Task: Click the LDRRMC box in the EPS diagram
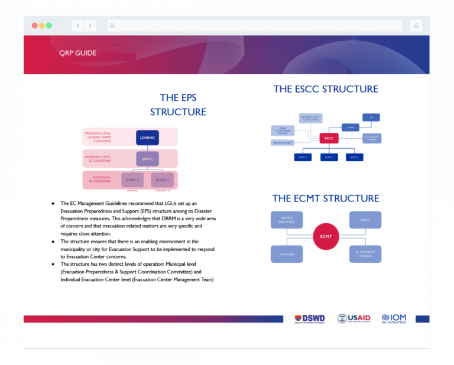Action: click(147, 138)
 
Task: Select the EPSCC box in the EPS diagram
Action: click(147, 159)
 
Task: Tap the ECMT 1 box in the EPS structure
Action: click(132, 180)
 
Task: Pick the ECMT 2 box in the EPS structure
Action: click(162, 180)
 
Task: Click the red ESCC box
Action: click(329, 138)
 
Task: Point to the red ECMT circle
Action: click(326, 237)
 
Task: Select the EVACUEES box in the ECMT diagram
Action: click(287, 254)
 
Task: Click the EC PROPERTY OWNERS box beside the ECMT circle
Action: click(365, 254)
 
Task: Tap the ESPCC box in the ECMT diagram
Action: click(365, 220)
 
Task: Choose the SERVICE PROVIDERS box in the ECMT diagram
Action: click(287, 220)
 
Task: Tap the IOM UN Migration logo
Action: click(394, 318)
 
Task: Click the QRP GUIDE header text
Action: click(77, 53)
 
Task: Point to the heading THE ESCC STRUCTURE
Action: click(326, 89)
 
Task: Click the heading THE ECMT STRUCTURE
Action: click(326, 198)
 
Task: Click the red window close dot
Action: click(34, 25)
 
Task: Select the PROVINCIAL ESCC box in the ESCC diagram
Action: click(310, 118)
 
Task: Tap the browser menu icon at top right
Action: click(416, 25)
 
